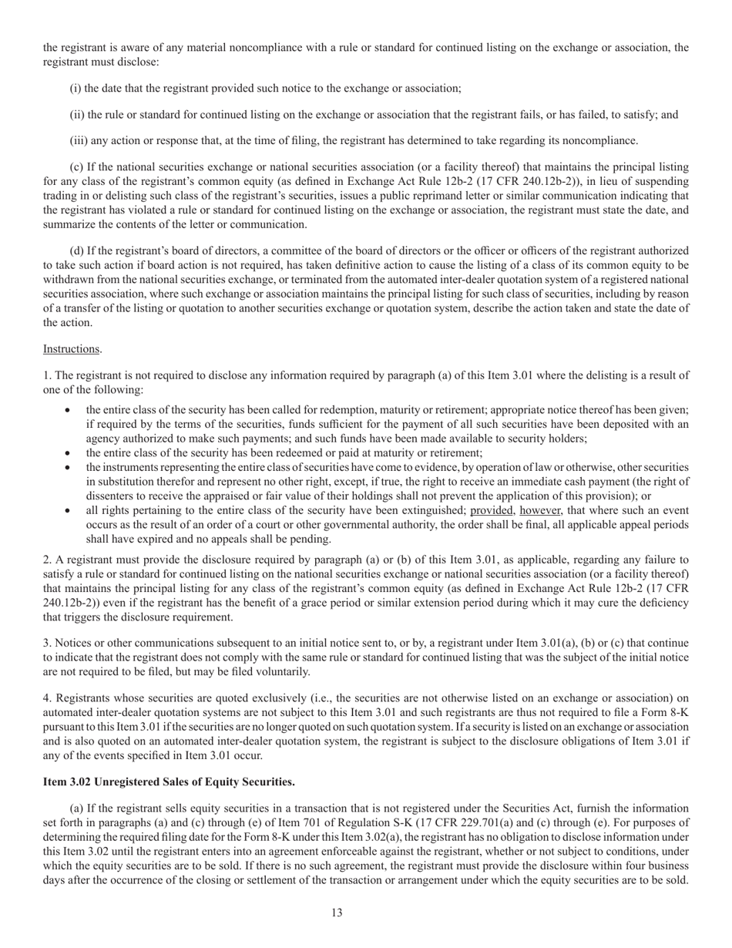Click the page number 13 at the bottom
click(x=337, y=913)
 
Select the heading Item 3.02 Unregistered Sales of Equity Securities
click(x=169, y=782)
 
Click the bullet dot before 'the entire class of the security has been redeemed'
click(x=70, y=453)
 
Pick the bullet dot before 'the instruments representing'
click(x=70, y=468)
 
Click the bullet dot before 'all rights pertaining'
click(x=70, y=511)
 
